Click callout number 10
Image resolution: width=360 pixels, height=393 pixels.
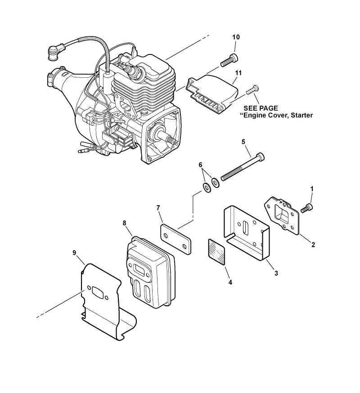pos(236,37)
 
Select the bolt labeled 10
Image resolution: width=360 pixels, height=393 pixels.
pos(229,60)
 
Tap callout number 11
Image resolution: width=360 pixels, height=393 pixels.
pos(238,73)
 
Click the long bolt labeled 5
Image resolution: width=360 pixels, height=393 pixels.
pos(243,167)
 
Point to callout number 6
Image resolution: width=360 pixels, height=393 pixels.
pos(200,165)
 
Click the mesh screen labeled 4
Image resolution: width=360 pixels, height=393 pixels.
pos(217,252)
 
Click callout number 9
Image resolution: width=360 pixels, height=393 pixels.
pos(74,253)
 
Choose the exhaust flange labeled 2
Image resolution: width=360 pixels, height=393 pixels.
pos(282,215)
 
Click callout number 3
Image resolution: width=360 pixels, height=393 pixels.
pos(276,273)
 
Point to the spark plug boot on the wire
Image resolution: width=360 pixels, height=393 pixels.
pos(54,52)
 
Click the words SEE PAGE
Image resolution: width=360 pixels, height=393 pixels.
pos(261,108)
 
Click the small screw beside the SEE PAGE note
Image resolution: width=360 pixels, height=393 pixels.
pos(252,89)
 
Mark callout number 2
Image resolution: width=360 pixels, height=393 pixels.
pos(313,245)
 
